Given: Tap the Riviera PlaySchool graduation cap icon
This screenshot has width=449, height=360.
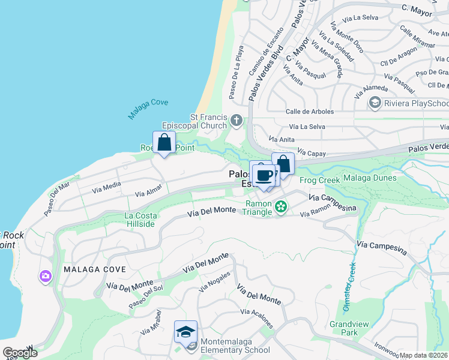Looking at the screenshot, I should pyautogui.click(x=375, y=103).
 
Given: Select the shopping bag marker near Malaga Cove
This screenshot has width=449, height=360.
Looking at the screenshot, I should pyautogui.click(x=164, y=143).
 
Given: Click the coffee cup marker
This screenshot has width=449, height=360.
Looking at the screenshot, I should pyautogui.click(x=264, y=175).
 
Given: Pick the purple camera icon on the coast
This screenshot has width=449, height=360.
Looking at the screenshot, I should pyautogui.click(x=46, y=276).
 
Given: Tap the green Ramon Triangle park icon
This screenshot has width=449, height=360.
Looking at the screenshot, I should pyautogui.click(x=280, y=208).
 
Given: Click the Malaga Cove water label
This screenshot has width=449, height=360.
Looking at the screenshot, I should pyautogui.click(x=148, y=109).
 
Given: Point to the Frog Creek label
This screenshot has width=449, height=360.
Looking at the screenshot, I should pyautogui.click(x=316, y=179).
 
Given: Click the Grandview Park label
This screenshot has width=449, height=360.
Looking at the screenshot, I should pyautogui.click(x=344, y=328).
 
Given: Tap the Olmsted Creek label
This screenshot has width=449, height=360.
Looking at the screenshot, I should pyautogui.click(x=349, y=287).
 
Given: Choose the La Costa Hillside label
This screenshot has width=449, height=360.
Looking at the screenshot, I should pyautogui.click(x=140, y=220).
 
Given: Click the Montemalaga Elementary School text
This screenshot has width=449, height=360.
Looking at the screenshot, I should pyautogui.click(x=235, y=350).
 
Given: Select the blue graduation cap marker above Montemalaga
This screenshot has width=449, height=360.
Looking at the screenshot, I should pyautogui.click(x=185, y=332).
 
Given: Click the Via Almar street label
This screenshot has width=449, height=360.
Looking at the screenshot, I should pyautogui.click(x=149, y=191).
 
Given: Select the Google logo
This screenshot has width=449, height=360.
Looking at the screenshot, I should pyautogui.click(x=20, y=353).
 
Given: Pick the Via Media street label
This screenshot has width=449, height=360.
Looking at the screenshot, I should pyautogui.click(x=106, y=187).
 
